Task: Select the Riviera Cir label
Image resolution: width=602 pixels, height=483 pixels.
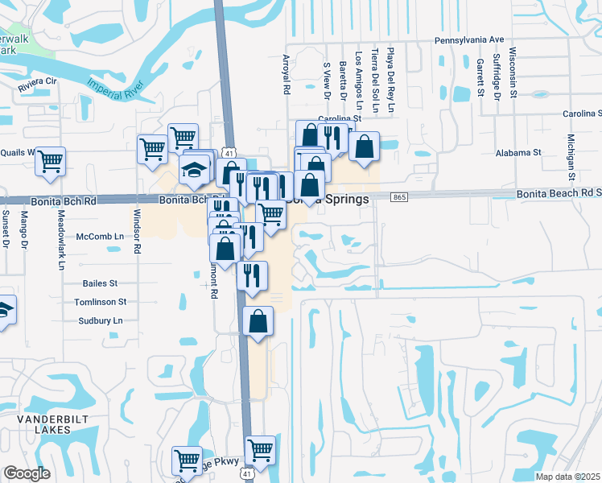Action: click(x=38, y=81)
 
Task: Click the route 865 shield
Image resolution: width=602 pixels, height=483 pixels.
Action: click(x=399, y=197)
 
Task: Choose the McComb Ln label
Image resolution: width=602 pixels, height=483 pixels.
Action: click(x=101, y=236)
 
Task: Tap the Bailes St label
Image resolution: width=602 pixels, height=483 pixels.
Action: click(x=100, y=283)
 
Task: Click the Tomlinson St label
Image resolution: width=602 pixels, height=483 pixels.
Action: click(x=100, y=302)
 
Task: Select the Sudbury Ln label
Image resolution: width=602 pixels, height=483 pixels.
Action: click(x=100, y=320)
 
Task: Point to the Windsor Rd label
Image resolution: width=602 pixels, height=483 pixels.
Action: click(x=137, y=232)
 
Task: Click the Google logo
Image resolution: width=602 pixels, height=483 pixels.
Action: click(x=27, y=473)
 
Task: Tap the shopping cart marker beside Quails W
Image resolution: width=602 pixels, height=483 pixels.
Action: click(x=50, y=161)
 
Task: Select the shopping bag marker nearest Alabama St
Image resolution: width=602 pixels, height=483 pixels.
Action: click(x=364, y=148)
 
